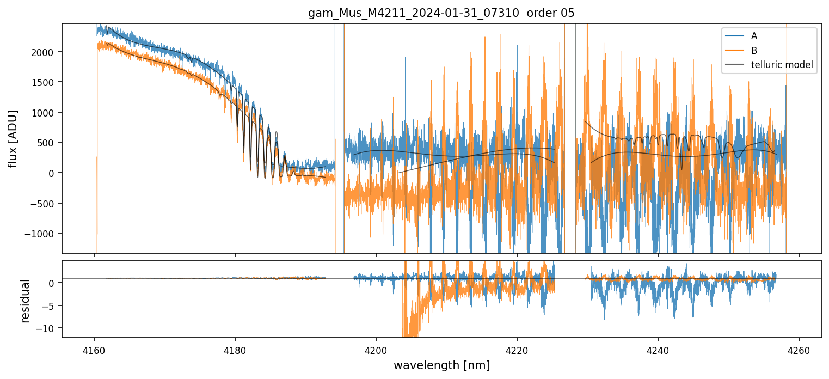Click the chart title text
pos(441,13)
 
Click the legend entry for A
pos(754,36)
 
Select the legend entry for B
pos(754,51)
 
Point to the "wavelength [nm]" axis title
pos(441,365)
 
